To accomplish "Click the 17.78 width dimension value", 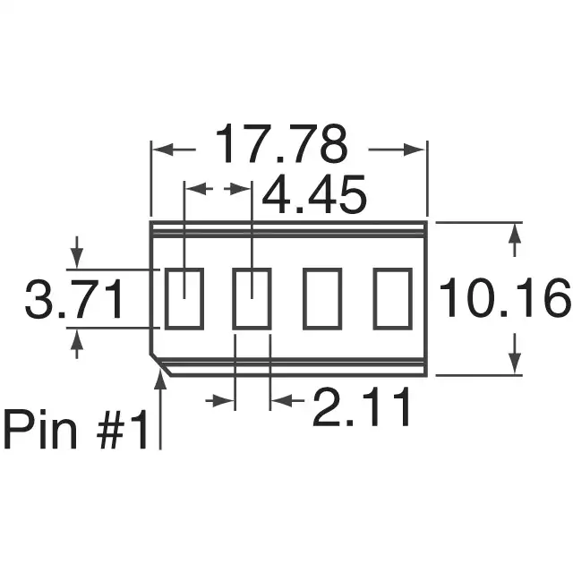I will click(280, 146).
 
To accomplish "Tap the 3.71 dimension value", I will click(74, 302).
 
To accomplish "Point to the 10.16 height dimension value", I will click(503, 299).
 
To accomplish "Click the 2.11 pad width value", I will click(362, 407).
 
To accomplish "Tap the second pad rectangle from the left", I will click(252, 299).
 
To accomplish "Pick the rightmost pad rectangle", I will click(391, 299).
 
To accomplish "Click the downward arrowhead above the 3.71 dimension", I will click(76, 259).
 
